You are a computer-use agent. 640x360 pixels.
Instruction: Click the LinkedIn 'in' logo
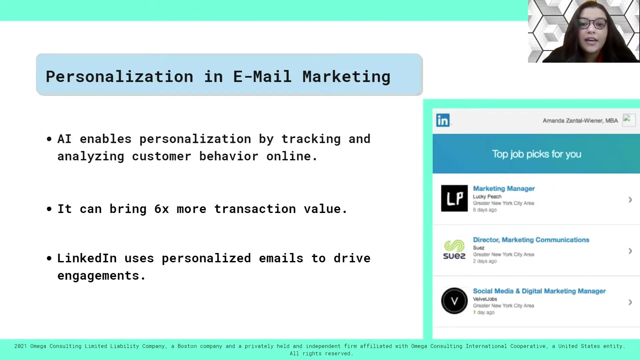(443, 120)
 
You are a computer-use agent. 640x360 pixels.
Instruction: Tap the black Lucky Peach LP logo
(454, 198)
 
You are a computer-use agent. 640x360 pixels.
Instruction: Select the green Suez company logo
(454, 250)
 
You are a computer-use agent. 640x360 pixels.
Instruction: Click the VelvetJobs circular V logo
(454, 301)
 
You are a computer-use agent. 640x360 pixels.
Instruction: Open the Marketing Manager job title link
(504, 189)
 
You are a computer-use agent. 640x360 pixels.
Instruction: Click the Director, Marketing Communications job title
(531, 240)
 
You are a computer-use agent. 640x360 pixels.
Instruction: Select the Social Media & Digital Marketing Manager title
(539, 291)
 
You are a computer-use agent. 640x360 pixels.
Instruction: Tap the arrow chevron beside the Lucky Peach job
(630, 200)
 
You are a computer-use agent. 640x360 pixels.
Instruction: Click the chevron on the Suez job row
(630, 251)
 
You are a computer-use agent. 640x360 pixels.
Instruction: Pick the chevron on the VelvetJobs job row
(630, 302)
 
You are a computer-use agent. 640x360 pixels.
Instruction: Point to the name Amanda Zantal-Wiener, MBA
(580, 121)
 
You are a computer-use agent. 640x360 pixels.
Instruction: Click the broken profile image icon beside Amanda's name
(629, 120)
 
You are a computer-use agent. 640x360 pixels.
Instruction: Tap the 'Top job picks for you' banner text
(537, 154)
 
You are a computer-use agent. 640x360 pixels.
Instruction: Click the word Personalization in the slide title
(119, 77)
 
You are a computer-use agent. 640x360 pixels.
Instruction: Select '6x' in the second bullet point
(162, 209)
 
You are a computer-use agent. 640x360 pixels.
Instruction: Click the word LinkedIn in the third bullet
(87, 258)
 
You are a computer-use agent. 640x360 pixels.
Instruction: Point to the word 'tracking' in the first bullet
(311, 139)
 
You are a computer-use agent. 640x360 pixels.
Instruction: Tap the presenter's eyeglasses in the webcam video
(592, 24)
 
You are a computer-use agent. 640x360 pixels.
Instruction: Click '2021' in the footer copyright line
(21, 346)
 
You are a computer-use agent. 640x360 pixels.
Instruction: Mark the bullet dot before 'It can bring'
(49, 209)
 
